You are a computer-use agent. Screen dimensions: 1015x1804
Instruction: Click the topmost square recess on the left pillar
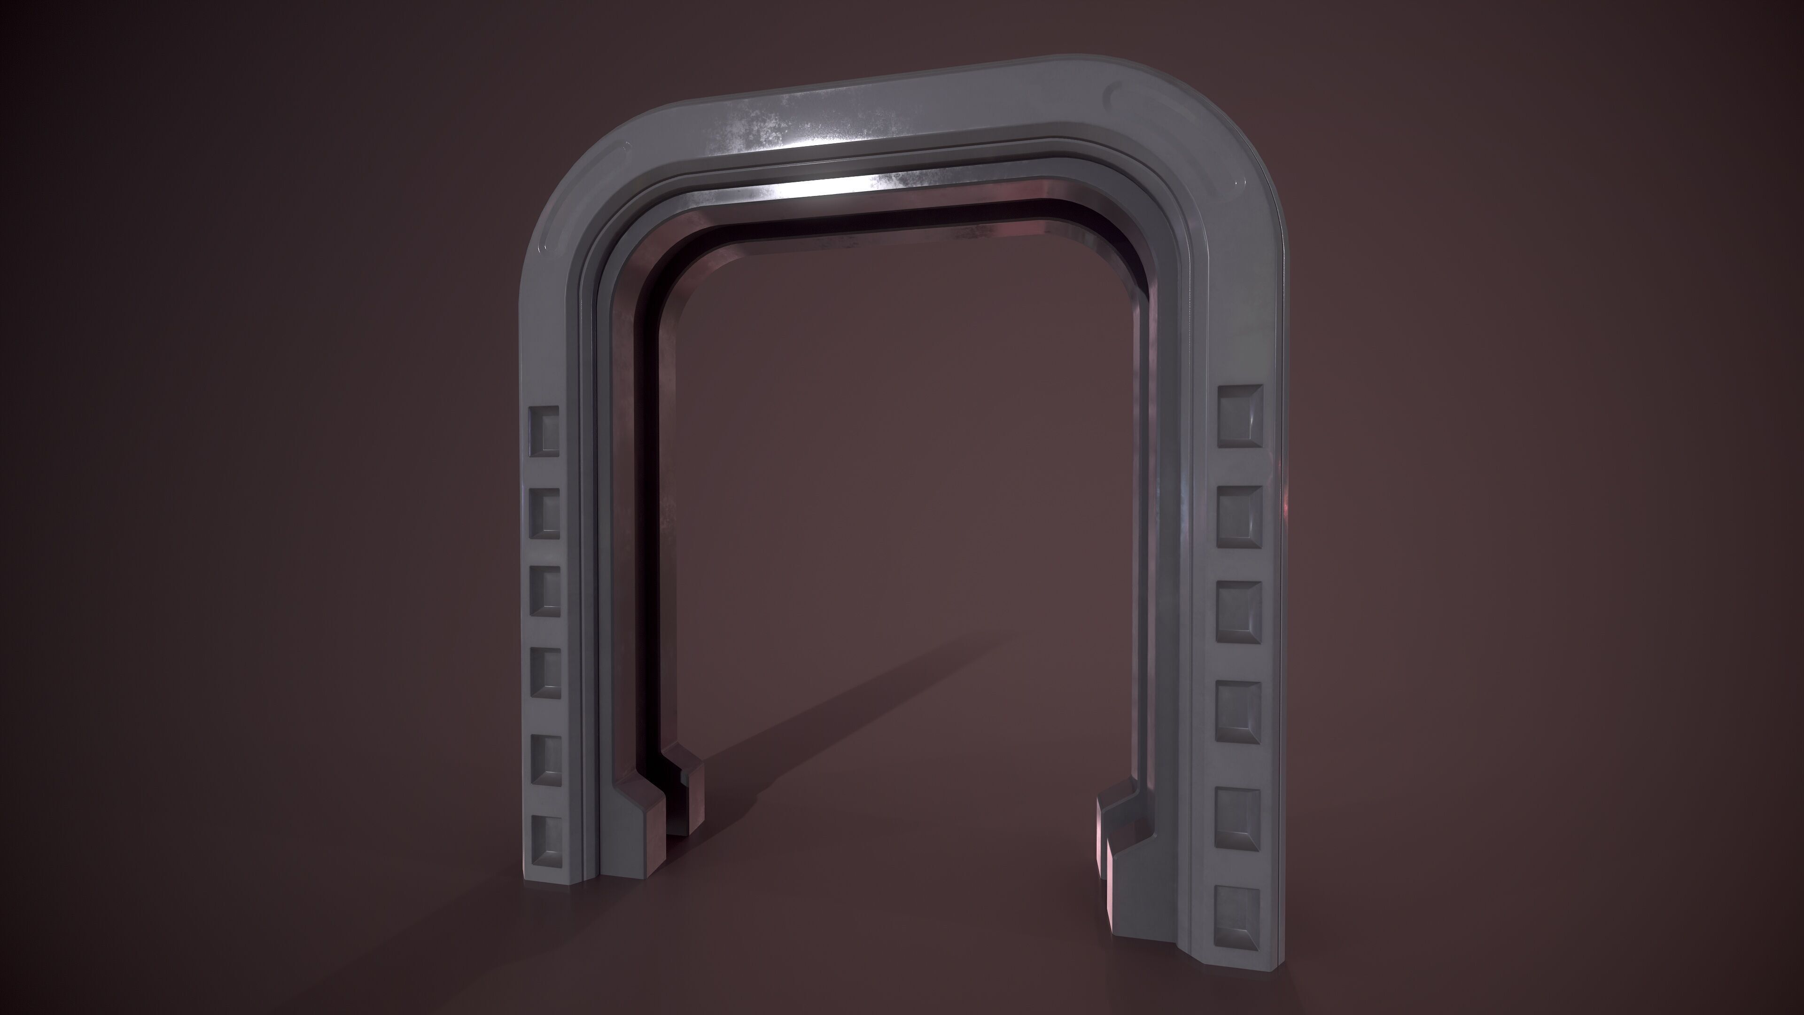click(545, 431)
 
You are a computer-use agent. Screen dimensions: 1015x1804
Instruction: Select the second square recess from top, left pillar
click(545, 514)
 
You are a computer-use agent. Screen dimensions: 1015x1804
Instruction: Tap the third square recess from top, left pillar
click(545, 591)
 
